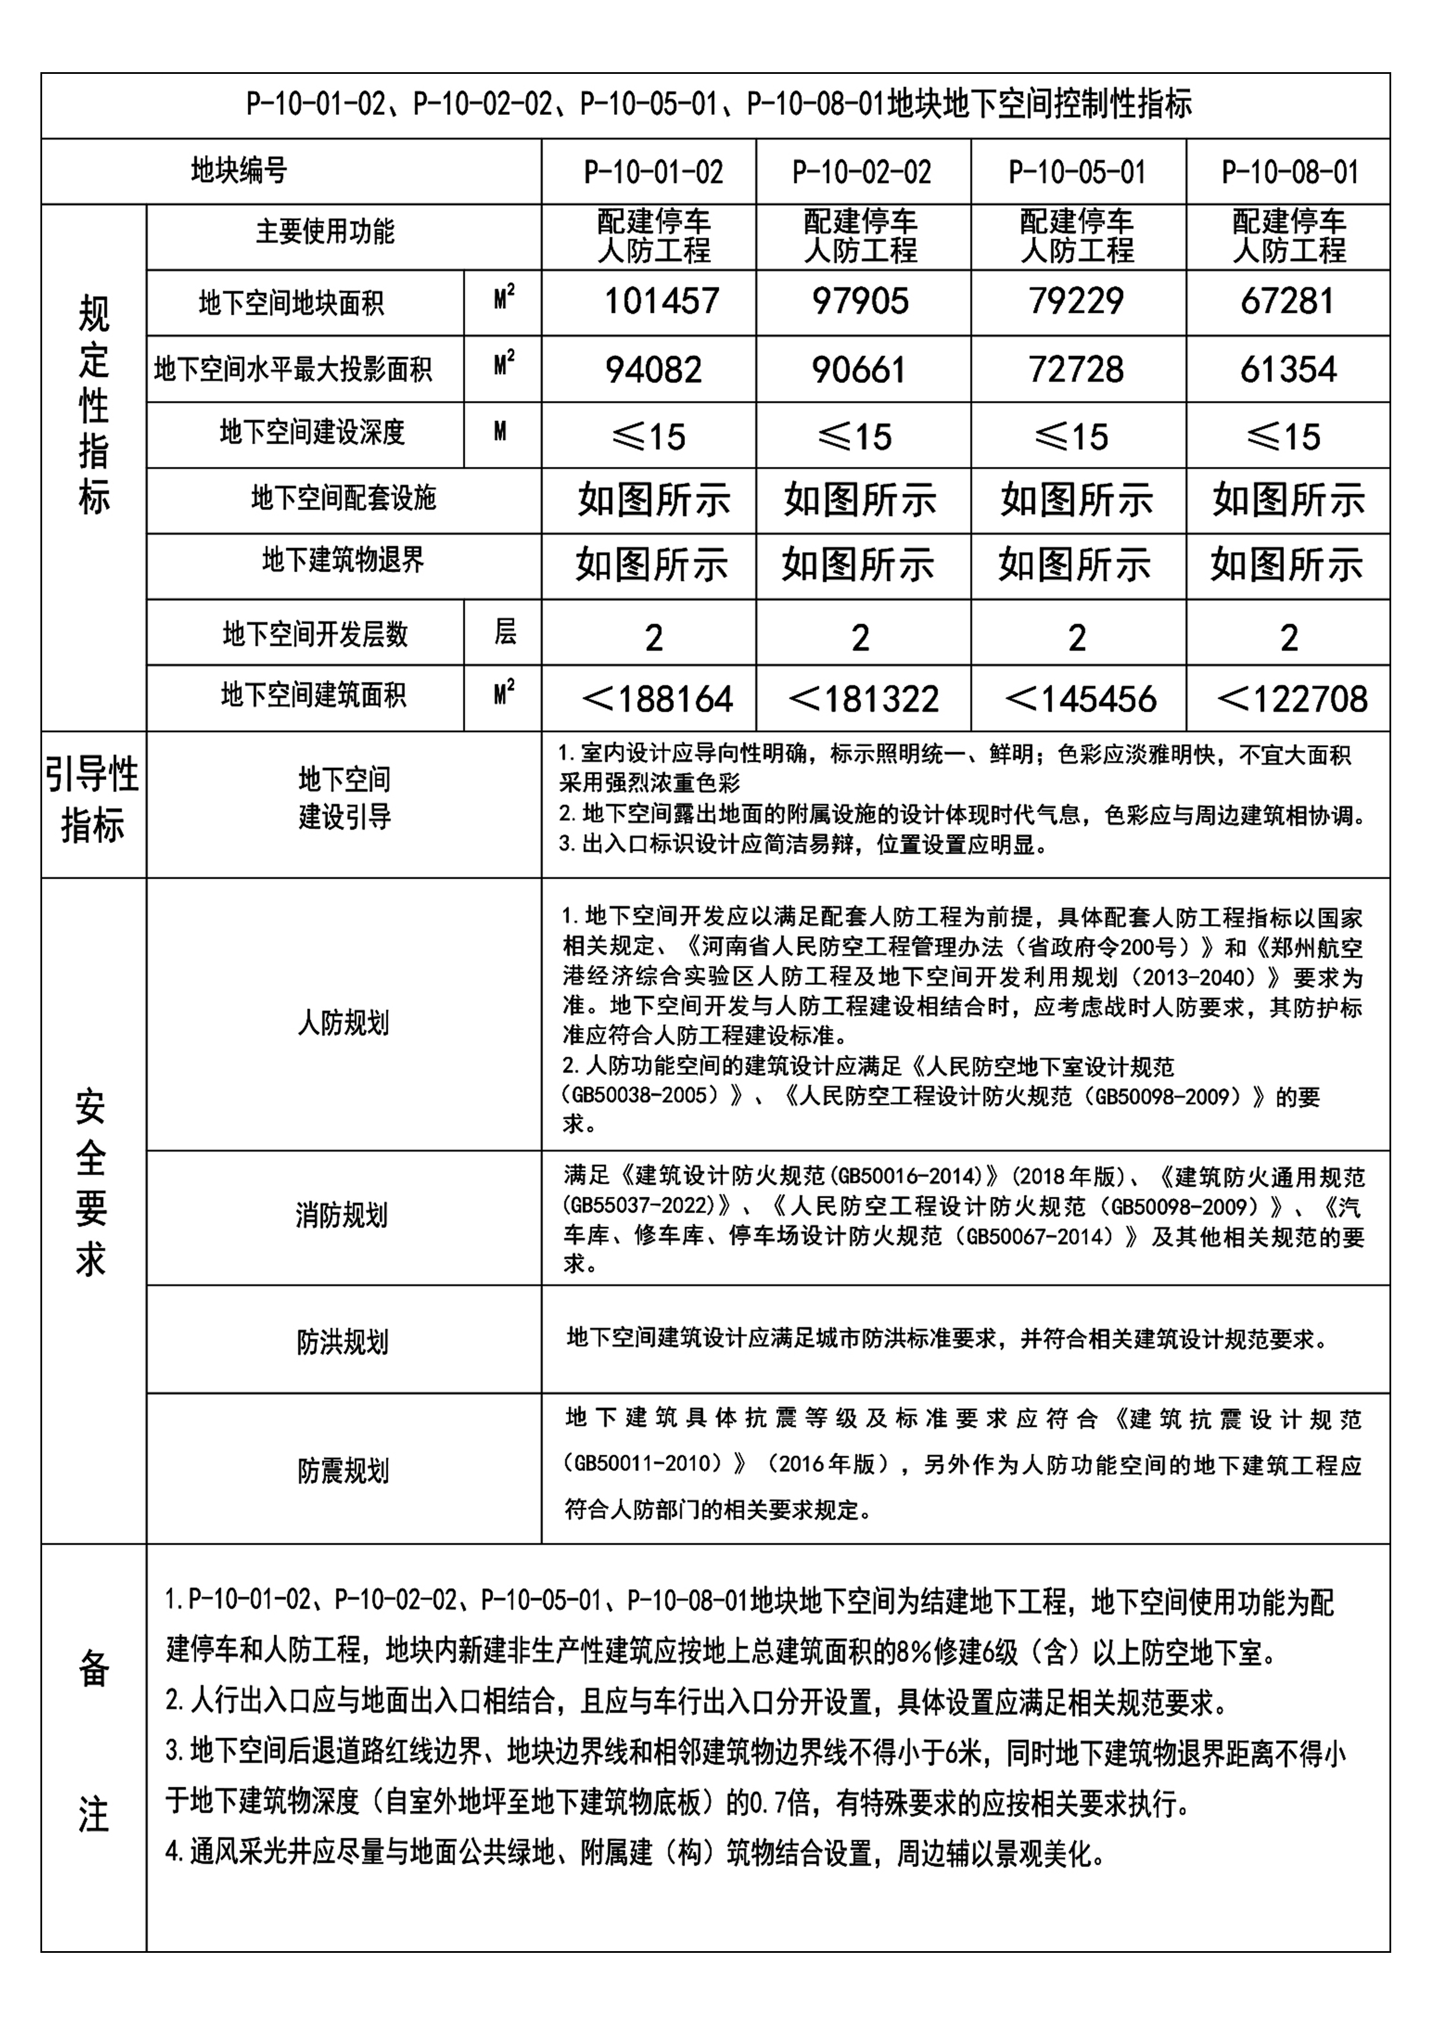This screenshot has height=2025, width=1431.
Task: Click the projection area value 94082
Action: [653, 369]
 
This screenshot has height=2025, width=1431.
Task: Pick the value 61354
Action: [1288, 369]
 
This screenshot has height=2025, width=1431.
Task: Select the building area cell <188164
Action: [657, 700]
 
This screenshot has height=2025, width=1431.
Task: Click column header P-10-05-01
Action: [1077, 172]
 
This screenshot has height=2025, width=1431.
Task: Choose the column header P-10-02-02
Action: [861, 172]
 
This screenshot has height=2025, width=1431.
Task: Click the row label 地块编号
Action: [239, 170]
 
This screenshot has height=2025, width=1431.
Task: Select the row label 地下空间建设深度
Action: [312, 432]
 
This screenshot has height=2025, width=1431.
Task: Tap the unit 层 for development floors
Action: [504, 632]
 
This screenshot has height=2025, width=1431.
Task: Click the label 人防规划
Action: [343, 1023]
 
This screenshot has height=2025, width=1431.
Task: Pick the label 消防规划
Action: [341, 1216]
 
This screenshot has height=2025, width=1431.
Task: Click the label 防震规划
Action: [343, 1470]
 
